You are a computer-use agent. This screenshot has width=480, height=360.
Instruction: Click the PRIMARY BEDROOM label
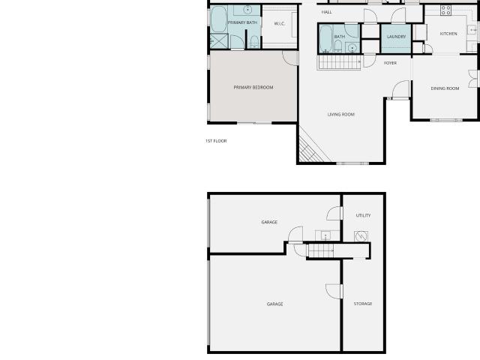(253, 88)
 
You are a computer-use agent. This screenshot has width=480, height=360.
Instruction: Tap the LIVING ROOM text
(341, 115)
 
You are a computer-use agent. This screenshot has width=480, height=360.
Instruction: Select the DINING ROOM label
(445, 88)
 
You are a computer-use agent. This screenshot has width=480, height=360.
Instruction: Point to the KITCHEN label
(448, 34)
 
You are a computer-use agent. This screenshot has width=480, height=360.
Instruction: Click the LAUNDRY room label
(396, 37)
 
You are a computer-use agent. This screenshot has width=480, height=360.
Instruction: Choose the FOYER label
(390, 63)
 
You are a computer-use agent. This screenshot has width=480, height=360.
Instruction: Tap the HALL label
(327, 12)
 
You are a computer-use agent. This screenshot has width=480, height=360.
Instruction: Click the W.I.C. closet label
(280, 23)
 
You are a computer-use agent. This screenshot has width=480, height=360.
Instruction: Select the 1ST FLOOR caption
(216, 141)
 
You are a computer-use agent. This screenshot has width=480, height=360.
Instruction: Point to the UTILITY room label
(363, 215)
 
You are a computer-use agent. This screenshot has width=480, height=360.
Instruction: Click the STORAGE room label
(363, 304)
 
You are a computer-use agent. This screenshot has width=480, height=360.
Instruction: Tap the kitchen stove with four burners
(445, 10)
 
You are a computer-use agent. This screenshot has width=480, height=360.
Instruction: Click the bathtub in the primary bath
(218, 19)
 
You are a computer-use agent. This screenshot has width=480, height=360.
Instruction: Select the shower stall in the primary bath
(219, 41)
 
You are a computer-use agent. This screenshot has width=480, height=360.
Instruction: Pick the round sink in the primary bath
(247, 10)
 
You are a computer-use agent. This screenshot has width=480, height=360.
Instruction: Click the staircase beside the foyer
(339, 62)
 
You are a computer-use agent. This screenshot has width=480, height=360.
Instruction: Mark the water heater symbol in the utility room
(361, 236)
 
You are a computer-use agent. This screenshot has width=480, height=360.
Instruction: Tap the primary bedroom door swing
(290, 58)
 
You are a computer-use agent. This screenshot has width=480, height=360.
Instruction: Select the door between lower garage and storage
(334, 291)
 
